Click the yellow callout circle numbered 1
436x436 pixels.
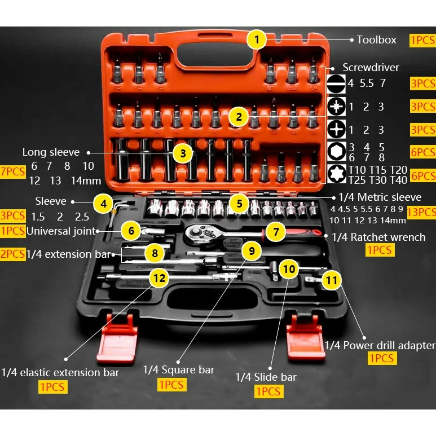[x=257, y=39]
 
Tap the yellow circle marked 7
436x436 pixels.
[x=276, y=232]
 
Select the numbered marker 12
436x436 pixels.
[x=159, y=278]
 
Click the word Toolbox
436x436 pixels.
[x=377, y=39]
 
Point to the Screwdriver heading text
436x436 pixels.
[x=371, y=67]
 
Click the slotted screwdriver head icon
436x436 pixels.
[x=336, y=83]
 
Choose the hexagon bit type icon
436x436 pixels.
[x=337, y=152]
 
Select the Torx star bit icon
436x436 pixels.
[x=337, y=174]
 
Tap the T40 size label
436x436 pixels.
[x=398, y=180]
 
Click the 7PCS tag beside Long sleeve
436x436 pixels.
[x=13, y=171]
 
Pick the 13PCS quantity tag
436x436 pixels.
[x=421, y=212]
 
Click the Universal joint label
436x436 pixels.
[x=61, y=231]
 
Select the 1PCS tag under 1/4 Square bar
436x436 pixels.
[x=171, y=385]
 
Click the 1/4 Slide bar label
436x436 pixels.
[x=266, y=377]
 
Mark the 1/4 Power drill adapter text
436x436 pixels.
[x=380, y=345]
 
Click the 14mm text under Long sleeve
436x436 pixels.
[x=86, y=180]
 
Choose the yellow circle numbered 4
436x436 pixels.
[x=103, y=204]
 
